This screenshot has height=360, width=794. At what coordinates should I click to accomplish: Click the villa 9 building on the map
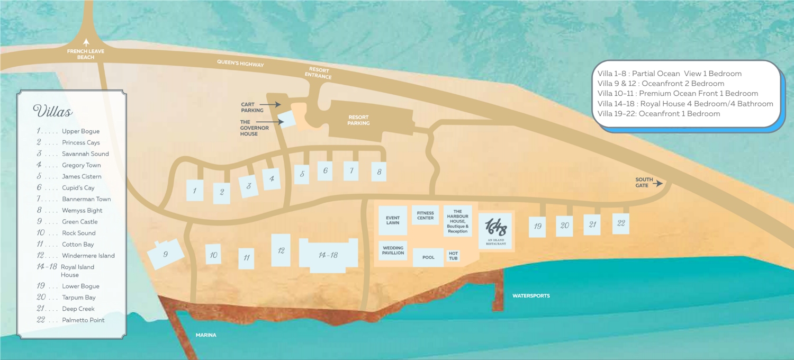click(x=166, y=255)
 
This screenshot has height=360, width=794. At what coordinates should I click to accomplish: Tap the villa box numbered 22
click(x=621, y=223)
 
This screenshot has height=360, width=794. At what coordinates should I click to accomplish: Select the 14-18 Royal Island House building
click(x=328, y=255)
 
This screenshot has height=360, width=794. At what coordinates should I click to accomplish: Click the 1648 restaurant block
click(x=495, y=230)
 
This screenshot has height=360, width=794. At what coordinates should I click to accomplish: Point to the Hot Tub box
click(x=453, y=256)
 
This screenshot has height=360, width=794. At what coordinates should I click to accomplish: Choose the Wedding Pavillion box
click(x=393, y=250)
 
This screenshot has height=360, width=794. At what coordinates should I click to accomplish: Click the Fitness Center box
click(x=425, y=215)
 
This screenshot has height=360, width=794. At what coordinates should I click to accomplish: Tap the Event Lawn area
click(x=393, y=220)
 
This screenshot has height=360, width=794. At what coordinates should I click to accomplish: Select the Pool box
click(x=428, y=257)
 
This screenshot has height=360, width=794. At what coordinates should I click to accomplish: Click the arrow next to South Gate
click(x=659, y=184)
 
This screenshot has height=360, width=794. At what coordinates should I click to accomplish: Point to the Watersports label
click(x=531, y=295)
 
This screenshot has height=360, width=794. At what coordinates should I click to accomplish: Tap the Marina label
click(x=206, y=335)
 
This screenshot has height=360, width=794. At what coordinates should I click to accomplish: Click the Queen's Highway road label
click(x=240, y=63)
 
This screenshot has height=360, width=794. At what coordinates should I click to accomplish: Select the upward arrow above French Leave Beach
click(x=86, y=42)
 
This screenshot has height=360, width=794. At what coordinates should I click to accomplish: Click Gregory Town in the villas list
click(x=81, y=165)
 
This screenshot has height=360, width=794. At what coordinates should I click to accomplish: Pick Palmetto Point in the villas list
click(x=83, y=320)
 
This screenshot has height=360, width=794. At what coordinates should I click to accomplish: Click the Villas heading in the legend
click(x=52, y=112)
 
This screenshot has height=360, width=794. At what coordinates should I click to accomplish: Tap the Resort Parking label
click(x=359, y=120)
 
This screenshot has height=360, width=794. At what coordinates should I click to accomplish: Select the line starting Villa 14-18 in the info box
click(x=685, y=104)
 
